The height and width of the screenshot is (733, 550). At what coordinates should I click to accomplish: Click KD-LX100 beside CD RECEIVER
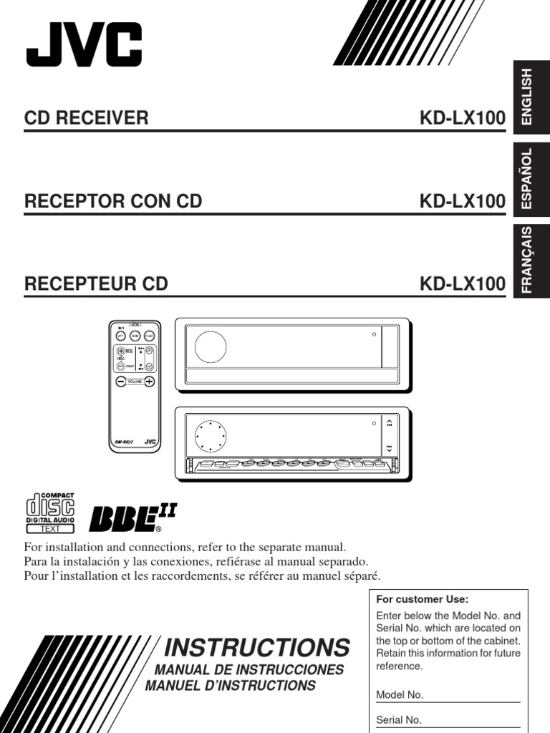[x=462, y=118]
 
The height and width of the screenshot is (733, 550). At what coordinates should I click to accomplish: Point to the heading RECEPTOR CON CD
[x=113, y=201]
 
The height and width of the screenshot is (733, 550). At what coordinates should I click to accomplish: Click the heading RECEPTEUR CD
[x=96, y=284]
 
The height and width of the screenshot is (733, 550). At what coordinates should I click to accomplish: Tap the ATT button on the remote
[x=120, y=336]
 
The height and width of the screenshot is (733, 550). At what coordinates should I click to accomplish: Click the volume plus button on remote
[x=149, y=382]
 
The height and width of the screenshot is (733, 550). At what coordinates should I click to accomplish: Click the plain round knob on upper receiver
[x=210, y=346]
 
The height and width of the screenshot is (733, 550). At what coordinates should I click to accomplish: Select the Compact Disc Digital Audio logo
[x=50, y=513]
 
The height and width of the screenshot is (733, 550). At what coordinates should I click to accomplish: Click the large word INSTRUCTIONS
[x=256, y=647]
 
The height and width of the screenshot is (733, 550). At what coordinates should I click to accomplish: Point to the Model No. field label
[x=400, y=694]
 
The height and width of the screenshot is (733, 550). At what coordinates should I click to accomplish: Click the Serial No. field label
[x=399, y=720]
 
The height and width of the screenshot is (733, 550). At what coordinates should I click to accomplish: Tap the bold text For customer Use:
[x=422, y=599]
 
